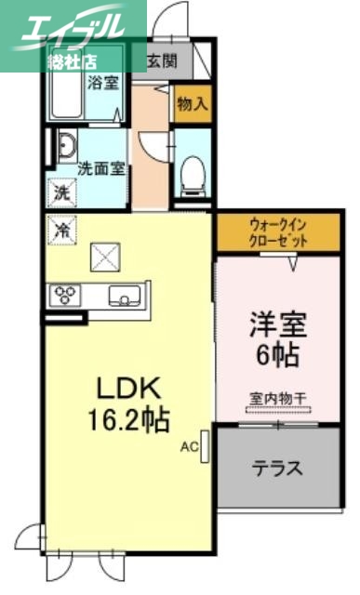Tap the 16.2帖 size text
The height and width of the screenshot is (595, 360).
coord(127,419)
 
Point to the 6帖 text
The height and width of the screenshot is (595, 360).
coord(277,356)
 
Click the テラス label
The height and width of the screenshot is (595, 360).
coord(277,469)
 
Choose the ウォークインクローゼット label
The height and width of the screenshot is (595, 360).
coord(278,231)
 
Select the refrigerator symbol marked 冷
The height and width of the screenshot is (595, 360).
coord(60,227)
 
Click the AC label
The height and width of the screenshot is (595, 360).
coord(189,447)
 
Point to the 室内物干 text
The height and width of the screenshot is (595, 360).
coord(278,399)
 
